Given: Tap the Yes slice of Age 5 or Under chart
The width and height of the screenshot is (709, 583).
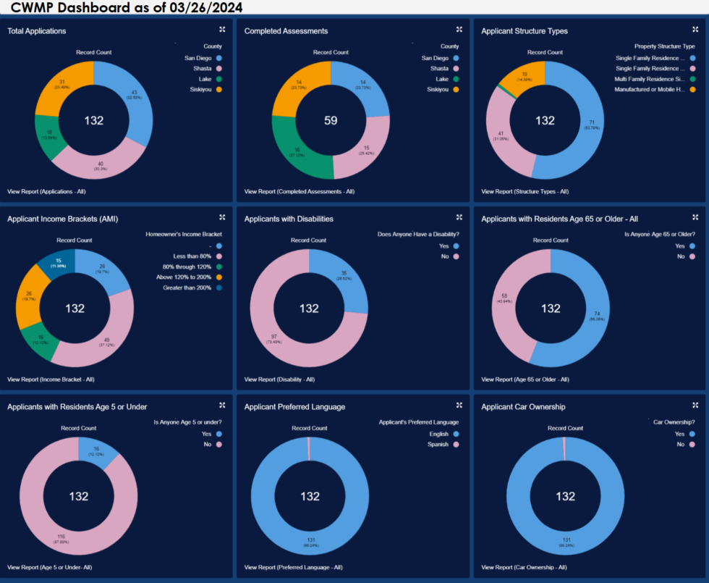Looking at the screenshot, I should click(97, 453).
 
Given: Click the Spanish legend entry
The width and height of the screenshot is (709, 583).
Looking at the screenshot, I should click(438, 444).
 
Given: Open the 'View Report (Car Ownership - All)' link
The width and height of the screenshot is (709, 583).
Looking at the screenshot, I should click(524, 567).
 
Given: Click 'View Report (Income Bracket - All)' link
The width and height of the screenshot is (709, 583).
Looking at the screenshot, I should click(51, 379).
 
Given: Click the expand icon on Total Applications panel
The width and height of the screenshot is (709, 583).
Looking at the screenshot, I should click(222, 30).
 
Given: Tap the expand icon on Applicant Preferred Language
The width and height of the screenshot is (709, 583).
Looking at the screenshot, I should click(459, 405).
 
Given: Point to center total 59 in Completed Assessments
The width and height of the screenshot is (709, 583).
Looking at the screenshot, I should click(331, 121).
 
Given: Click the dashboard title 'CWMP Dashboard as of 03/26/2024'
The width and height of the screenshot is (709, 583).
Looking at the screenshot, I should click(127, 8).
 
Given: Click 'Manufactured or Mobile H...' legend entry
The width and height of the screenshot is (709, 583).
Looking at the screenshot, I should click(650, 89).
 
